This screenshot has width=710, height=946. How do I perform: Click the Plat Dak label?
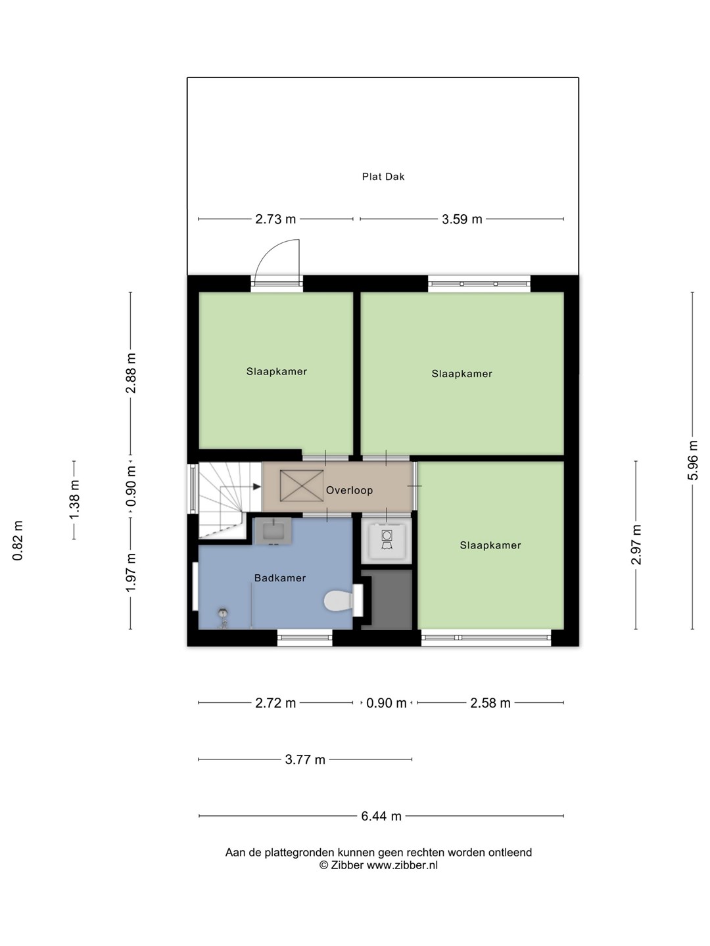[383, 177]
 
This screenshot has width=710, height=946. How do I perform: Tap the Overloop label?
[349, 491]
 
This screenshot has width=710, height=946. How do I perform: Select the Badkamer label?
[280, 578]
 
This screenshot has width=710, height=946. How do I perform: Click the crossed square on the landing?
[302, 485]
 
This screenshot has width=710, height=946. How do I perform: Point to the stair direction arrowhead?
[257, 487]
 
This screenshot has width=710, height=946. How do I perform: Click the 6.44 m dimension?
[381, 816]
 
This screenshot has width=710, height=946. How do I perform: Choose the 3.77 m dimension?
[305, 759]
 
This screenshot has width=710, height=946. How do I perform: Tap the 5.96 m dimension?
[692, 461]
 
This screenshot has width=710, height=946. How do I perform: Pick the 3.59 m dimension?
[461, 219]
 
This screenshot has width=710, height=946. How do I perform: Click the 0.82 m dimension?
[18, 541]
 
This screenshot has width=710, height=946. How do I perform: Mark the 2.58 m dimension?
[490, 704]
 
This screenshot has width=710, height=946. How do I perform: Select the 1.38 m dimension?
[74, 500]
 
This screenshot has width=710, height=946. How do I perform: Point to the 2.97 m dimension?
[636, 545]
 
